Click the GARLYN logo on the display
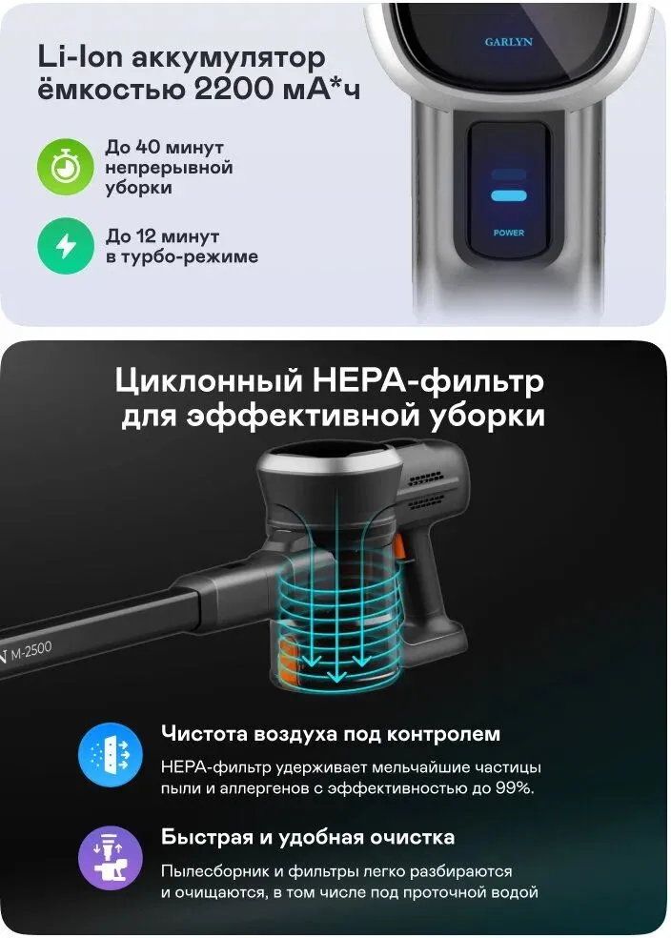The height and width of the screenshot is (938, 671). pyautogui.click(x=508, y=42)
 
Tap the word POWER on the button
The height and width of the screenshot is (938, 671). pyautogui.click(x=509, y=233)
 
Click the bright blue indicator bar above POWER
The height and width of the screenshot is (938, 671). pyautogui.click(x=509, y=195)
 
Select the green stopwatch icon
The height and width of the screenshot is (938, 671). pyautogui.click(x=66, y=167)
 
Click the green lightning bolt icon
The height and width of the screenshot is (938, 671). pyautogui.click(x=66, y=246)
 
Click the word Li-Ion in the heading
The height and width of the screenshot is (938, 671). pyautogui.click(x=80, y=57)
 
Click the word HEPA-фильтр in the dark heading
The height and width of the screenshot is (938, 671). pyautogui.click(x=428, y=382)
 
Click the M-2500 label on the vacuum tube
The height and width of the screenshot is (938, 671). pyautogui.click(x=31, y=650)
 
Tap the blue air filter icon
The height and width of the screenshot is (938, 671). pyautogui.click(x=110, y=754)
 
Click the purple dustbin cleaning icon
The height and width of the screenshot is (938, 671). pyautogui.click(x=110, y=858)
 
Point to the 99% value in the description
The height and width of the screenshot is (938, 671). pyautogui.click(x=515, y=787)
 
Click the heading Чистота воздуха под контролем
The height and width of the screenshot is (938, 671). pyautogui.click(x=330, y=733)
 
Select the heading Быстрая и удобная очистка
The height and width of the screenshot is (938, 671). pyautogui.click(x=308, y=837)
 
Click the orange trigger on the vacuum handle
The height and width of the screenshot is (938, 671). pyautogui.click(x=397, y=548)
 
